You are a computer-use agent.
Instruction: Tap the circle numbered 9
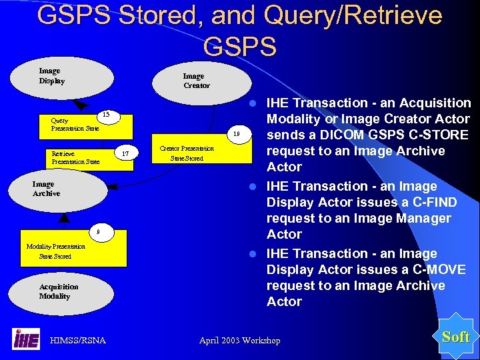coord(99,231)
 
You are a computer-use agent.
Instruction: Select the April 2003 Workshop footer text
coord(239,341)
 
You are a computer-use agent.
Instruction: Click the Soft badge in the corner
coord(456,337)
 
